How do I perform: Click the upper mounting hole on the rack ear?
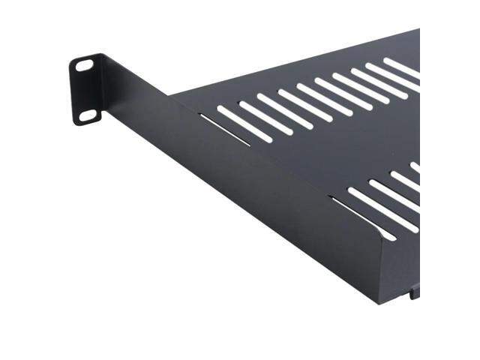pos(85,65)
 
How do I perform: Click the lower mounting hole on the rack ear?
pos(88,115)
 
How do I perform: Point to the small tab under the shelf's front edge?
pos(413,292)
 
